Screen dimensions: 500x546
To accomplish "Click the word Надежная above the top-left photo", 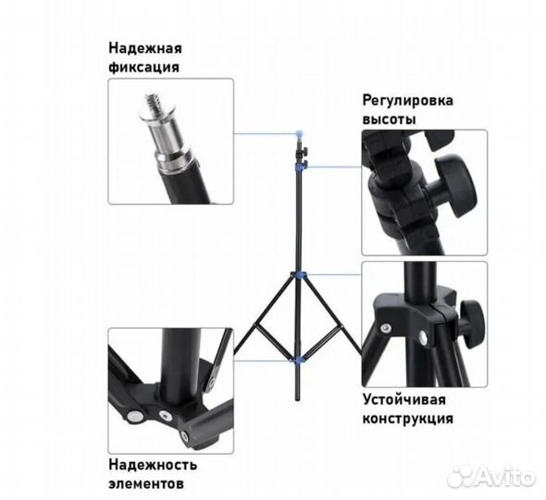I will [144, 47].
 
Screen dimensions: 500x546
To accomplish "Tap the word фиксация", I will [143, 67].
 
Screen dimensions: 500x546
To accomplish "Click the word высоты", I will [389, 119].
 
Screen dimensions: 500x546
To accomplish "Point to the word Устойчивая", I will [403, 399].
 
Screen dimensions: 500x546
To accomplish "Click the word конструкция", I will [406, 419].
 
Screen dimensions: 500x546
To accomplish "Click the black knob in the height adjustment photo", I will [455, 176].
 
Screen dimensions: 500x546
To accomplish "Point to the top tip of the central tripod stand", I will [298, 131].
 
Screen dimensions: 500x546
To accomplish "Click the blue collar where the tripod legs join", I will [298, 276].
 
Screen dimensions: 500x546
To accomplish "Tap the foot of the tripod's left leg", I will [236, 356].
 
